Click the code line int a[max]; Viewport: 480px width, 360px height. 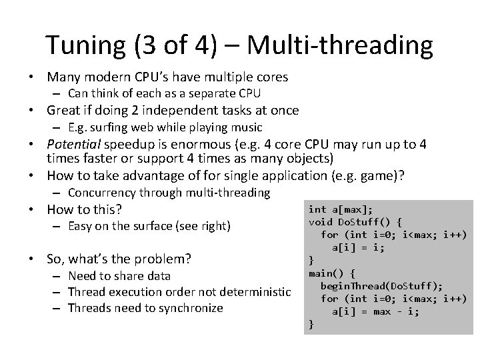340,209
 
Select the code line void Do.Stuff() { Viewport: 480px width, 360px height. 355,222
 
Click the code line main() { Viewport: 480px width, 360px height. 333,273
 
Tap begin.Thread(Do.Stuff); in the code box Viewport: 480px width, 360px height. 381,285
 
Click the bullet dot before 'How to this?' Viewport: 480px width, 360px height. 37,210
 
